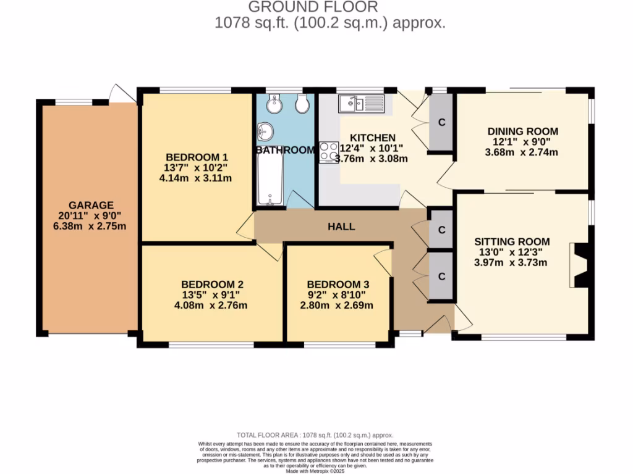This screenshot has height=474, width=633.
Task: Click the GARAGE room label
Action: (x=90, y=205)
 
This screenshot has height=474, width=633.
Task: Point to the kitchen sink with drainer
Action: (x=362, y=103)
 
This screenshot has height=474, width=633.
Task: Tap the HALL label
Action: (x=341, y=227)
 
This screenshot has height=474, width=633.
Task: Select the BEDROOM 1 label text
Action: (x=192, y=157)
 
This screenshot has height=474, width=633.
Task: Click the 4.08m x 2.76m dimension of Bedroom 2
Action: (x=212, y=305)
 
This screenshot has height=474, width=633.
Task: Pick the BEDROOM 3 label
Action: (x=338, y=284)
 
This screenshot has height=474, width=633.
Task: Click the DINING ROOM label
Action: (x=522, y=131)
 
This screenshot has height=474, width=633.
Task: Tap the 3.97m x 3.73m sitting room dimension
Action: (x=511, y=263)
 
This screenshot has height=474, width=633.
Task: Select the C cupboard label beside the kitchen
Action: (x=441, y=122)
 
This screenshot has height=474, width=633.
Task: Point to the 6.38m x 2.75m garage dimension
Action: (x=90, y=226)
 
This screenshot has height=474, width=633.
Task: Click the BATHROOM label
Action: (x=286, y=150)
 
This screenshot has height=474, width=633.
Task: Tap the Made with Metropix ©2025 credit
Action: (x=316, y=471)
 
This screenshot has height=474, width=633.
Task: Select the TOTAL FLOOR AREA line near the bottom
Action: (x=315, y=435)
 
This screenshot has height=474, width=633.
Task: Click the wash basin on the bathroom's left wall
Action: (x=266, y=131)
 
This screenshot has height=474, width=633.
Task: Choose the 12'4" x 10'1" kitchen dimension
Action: (x=371, y=148)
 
